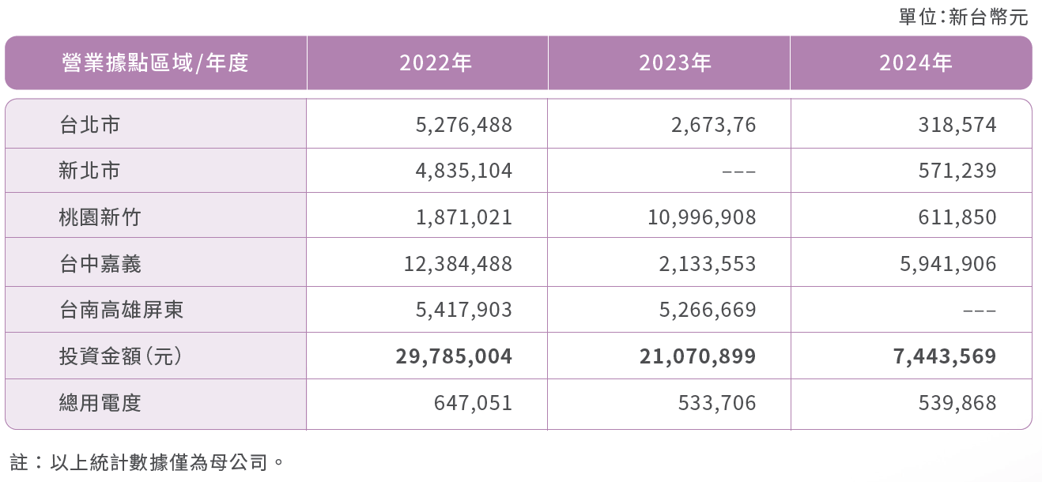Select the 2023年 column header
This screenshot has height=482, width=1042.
(x=675, y=63)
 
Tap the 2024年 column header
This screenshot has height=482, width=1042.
(x=916, y=63)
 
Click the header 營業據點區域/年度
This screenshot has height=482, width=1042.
(x=155, y=63)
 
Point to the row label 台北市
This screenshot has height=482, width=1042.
(x=90, y=125)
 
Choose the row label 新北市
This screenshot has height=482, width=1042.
(x=90, y=171)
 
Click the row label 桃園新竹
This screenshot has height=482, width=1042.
(x=100, y=217)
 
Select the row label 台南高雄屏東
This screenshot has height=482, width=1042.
(x=121, y=310)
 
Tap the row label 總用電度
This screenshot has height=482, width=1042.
(x=100, y=404)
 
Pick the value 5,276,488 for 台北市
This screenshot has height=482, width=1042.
(x=464, y=125)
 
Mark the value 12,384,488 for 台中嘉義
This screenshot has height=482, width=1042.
(x=459, y=264)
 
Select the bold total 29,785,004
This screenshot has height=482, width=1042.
(x=454, y=356)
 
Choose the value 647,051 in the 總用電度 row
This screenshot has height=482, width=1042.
(x=473, y=404)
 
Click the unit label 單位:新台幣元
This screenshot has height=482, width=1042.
(x=964, y=17)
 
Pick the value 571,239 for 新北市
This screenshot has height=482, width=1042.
(x=957, y=171)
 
